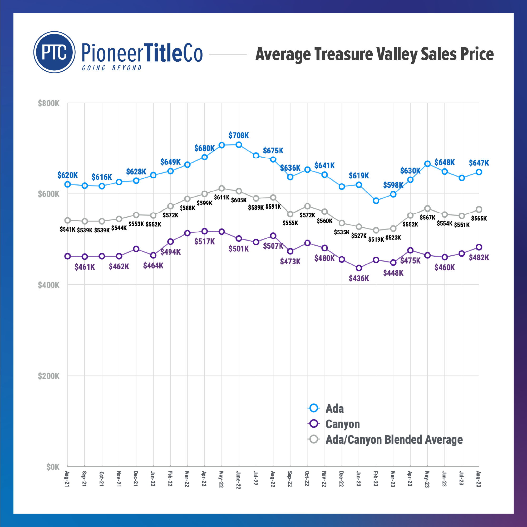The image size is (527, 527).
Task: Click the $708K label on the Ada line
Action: [x=238, y=135]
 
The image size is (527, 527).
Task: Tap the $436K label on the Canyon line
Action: [x=359, y=278]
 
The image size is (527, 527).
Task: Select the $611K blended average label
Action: [x=221, y=197]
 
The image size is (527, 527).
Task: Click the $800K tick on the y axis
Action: [x=48, y=104]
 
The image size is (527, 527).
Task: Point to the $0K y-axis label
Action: [x=53, y=467]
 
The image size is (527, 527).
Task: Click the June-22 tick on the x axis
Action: [x=238, y=480]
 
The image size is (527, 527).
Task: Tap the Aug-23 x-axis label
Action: [x=479, y=479]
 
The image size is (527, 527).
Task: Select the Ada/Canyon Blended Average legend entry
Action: [x=394, y=440]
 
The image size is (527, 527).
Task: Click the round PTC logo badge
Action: [x=54, y=52]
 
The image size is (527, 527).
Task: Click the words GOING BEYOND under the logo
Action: [x=112, y=68]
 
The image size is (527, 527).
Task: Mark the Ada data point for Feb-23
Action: [x=376, y=201]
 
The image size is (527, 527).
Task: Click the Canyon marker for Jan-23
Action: [x=359, y=268]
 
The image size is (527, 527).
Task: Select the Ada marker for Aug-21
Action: [x=68, y=184]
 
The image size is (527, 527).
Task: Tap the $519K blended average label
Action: [x=376, y=240]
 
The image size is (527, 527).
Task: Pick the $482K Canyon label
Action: [x=479, y=258]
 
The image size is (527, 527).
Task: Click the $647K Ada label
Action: [x=479, y=163]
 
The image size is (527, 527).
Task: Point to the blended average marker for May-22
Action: [x=221, y=188]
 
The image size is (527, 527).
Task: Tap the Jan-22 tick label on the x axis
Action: [x=153, y=479]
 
